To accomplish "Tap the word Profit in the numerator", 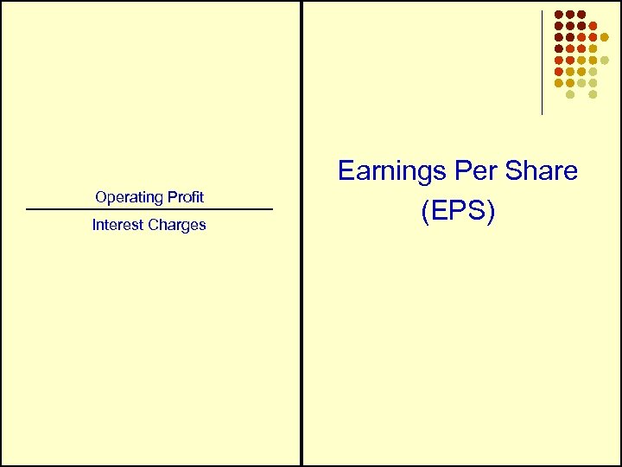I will pos(185,197).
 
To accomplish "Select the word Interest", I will pos(119,225).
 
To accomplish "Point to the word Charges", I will pos(178,226).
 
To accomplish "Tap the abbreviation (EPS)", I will pos(458,211).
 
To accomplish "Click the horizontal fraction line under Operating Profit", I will pos(149,209).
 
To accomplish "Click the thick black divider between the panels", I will pos(301,233).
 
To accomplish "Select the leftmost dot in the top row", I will pos(559,15).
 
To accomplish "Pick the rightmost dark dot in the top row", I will pos(581,15).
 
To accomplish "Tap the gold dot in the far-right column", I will pos(604,37).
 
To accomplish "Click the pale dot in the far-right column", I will pos(604,60).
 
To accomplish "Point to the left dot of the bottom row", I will pos(570,93).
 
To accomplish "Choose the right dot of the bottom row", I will pos(593,93).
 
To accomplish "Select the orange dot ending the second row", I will pos(593,26).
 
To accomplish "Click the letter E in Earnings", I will pos(346,171).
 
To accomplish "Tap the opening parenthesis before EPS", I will pos(425,212).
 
